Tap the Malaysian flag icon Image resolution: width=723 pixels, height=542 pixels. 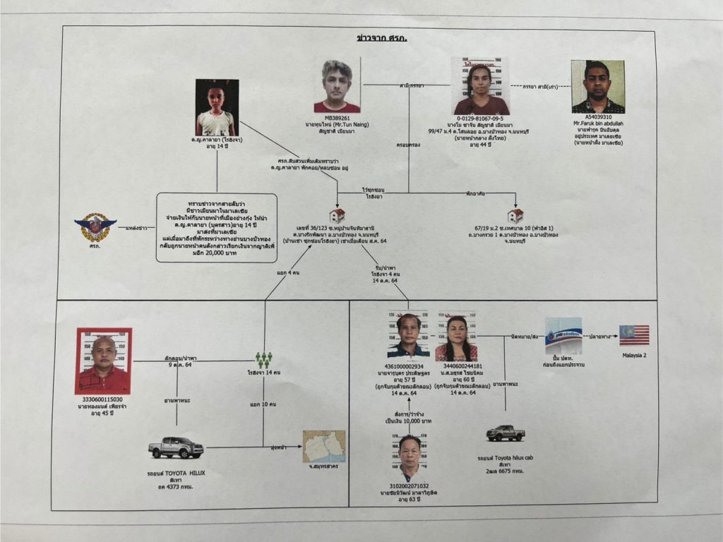pos(633,335)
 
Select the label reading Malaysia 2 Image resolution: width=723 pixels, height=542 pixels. pos(633,355)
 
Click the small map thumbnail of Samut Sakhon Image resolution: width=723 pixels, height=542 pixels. pos(324,446)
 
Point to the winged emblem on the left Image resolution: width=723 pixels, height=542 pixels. pos(95,228)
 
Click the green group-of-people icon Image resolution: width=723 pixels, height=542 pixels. pos(264,360)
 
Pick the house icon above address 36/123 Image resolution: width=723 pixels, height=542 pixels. pos(337,215)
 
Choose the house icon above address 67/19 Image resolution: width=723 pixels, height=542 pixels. pos(515,215)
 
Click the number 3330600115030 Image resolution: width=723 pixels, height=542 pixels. pos(103,400)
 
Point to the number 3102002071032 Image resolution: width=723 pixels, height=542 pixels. pos(410,486)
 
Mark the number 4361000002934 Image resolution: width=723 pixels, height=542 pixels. pos(409,366)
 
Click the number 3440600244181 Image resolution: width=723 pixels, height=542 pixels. pos(457,366)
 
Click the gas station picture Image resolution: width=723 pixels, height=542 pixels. pos(563,335)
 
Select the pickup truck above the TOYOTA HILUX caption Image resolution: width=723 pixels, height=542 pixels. pos(176,447)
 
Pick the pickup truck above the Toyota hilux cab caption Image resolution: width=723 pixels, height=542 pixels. pos(506,432)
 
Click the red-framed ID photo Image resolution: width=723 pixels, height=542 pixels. pos(103,361)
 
